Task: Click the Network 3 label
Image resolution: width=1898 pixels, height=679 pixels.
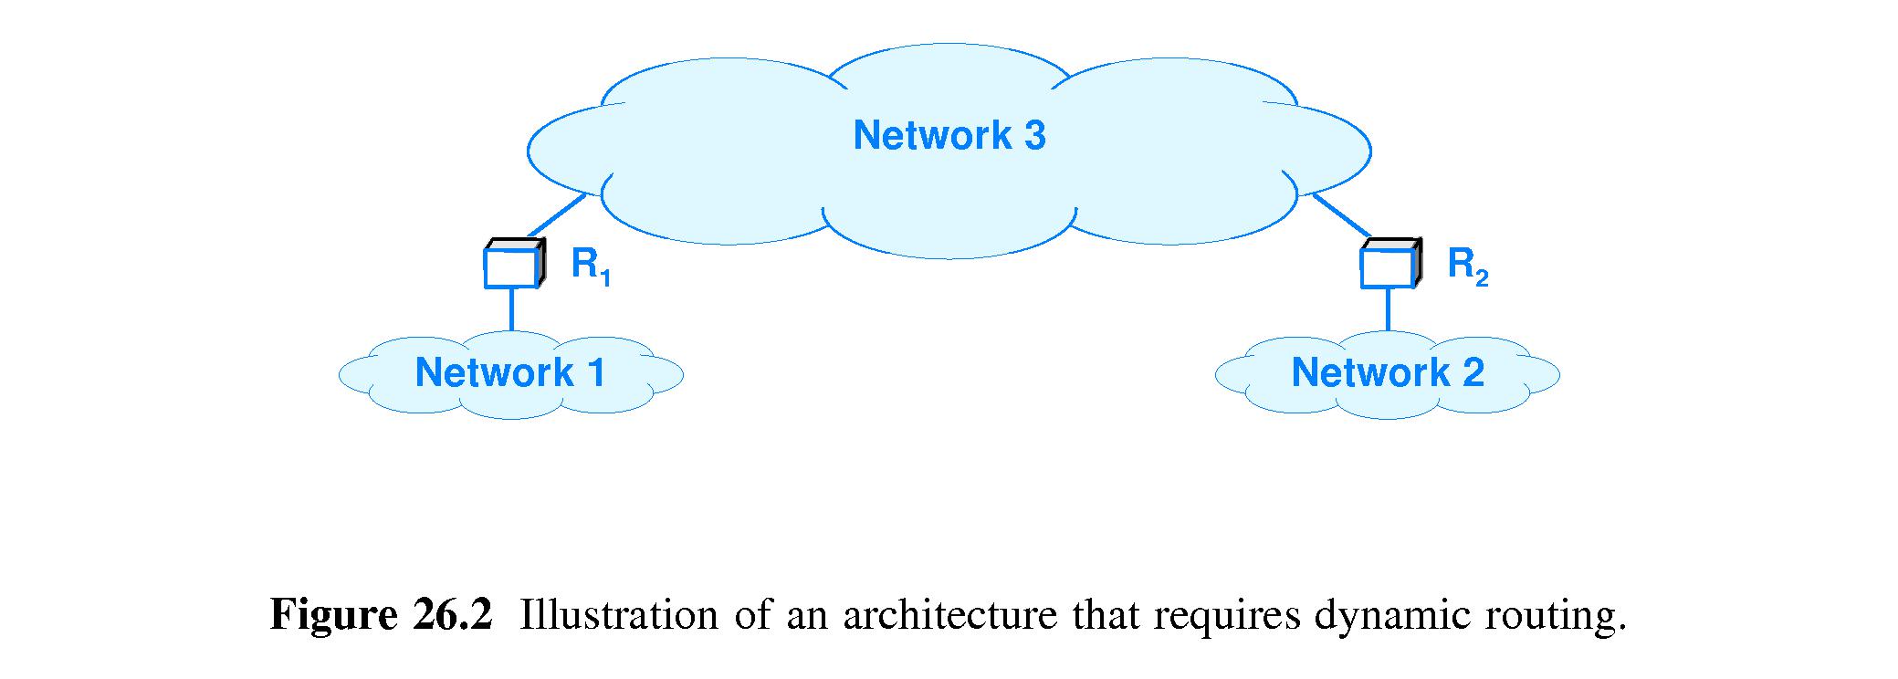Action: point(949,135)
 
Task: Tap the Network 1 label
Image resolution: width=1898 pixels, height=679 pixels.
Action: point(509,372)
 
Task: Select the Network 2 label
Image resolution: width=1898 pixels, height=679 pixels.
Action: point(1387,372)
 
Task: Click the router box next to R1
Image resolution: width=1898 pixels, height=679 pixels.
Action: point(512,265)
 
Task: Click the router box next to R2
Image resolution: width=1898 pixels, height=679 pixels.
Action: point(1389,265)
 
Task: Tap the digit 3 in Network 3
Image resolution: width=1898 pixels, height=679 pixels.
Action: point(1034,135)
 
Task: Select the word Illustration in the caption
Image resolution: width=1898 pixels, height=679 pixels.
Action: point(618,615)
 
